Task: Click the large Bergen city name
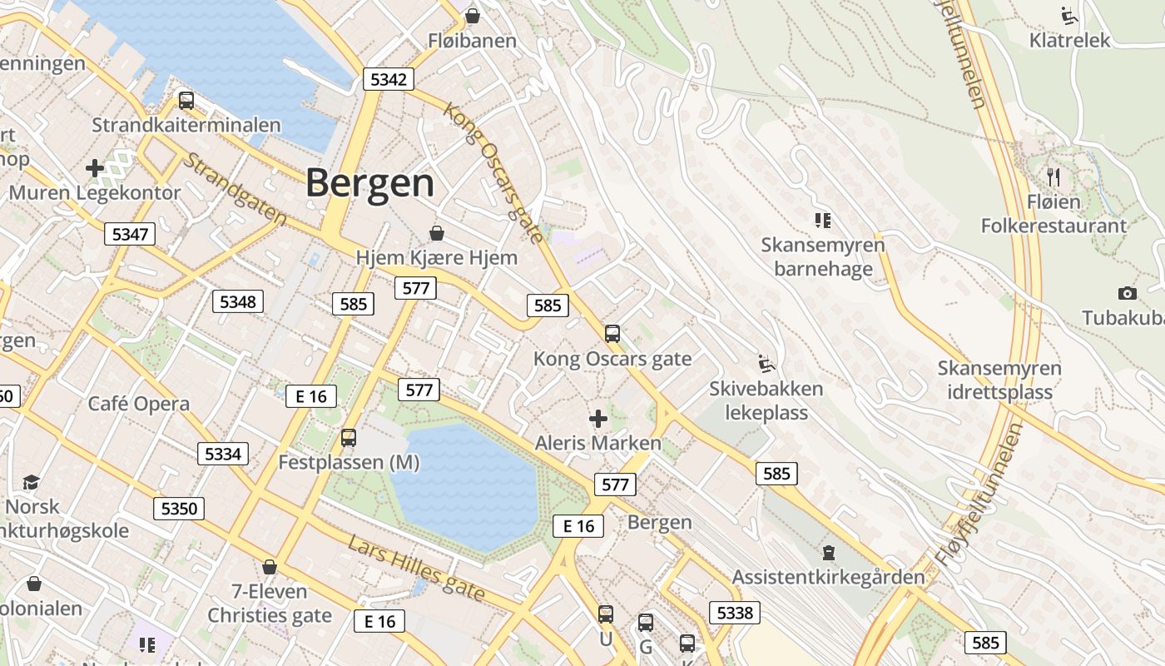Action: click(370, 183)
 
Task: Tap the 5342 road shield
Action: click(389, 79)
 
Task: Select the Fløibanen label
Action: click(472, 40)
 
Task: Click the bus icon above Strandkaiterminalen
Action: click(186, 101)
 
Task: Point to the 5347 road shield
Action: click(130, 234)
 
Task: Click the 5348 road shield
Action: click(238, 301)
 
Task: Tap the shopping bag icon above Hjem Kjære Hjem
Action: click(437, 233)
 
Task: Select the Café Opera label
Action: click(139, 404)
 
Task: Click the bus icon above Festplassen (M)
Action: click(349, 437)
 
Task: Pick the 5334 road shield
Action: click(222, 454)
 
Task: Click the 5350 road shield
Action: click(178, 509)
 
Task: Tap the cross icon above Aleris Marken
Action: click(597, 418)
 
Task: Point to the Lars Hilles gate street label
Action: click(416, 568)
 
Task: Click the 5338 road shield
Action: click(735, 614)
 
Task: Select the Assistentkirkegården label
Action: click(828, 577)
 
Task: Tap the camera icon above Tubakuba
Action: click(1128, 293)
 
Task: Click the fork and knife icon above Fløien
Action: click(1053, 176)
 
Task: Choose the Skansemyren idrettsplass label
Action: click(999, 380)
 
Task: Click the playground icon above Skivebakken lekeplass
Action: click(766, 364)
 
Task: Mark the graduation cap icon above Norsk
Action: click(32, 482)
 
